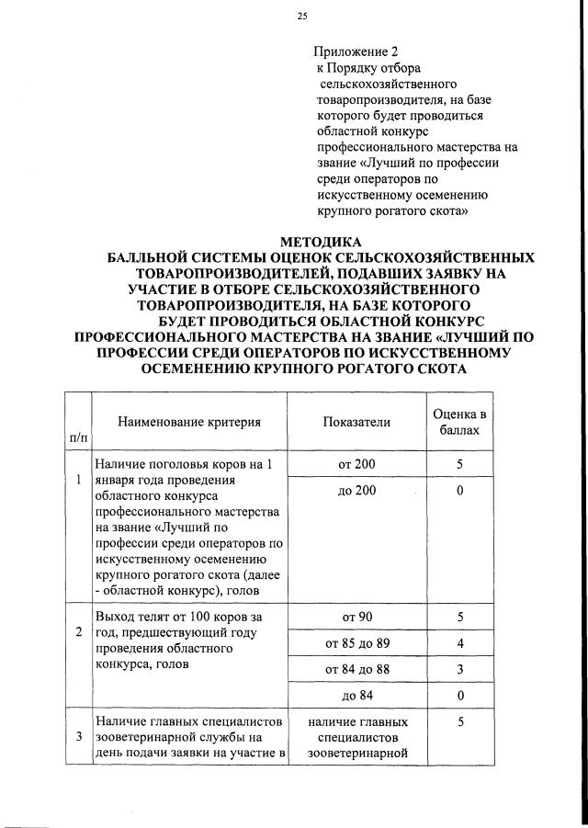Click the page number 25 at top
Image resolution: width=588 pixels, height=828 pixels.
301,16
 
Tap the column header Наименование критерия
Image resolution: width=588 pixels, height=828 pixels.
189,422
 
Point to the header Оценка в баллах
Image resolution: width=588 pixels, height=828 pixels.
458,422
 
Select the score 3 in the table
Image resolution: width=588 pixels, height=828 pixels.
458,670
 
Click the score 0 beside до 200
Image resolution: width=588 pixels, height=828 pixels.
458,492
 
